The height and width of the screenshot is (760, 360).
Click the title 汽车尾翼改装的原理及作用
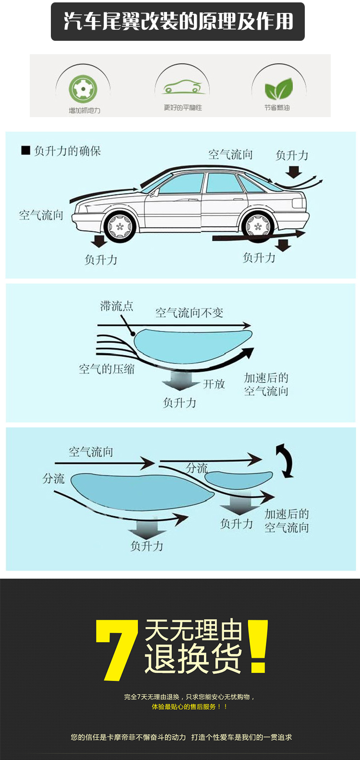178,22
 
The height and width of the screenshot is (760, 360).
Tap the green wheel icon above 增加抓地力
83,89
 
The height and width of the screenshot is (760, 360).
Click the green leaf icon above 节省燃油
278,89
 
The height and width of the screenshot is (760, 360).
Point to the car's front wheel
120,225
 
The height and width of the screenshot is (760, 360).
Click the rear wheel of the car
258,225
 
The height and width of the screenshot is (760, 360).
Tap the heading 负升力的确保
67,151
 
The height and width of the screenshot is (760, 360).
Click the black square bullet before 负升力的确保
25,151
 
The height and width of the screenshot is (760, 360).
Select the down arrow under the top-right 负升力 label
293,171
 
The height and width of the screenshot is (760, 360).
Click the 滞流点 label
117,306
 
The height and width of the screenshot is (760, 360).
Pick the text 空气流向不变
189,313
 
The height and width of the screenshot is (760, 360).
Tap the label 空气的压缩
107,369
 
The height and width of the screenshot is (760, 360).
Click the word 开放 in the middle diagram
214,384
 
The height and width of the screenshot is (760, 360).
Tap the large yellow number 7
117,650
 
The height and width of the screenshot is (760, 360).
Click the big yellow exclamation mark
258,646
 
